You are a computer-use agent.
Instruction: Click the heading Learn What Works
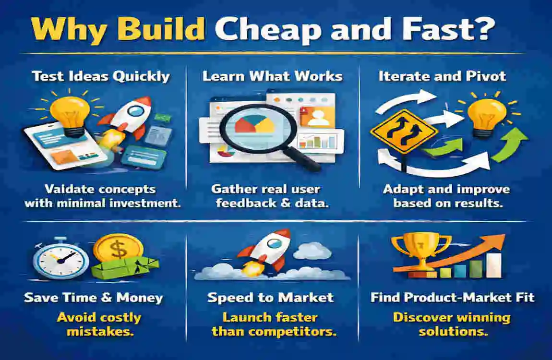point(272,76)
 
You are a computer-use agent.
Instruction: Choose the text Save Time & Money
point(94,298)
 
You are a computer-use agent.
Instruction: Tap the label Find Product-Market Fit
point(452,298)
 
